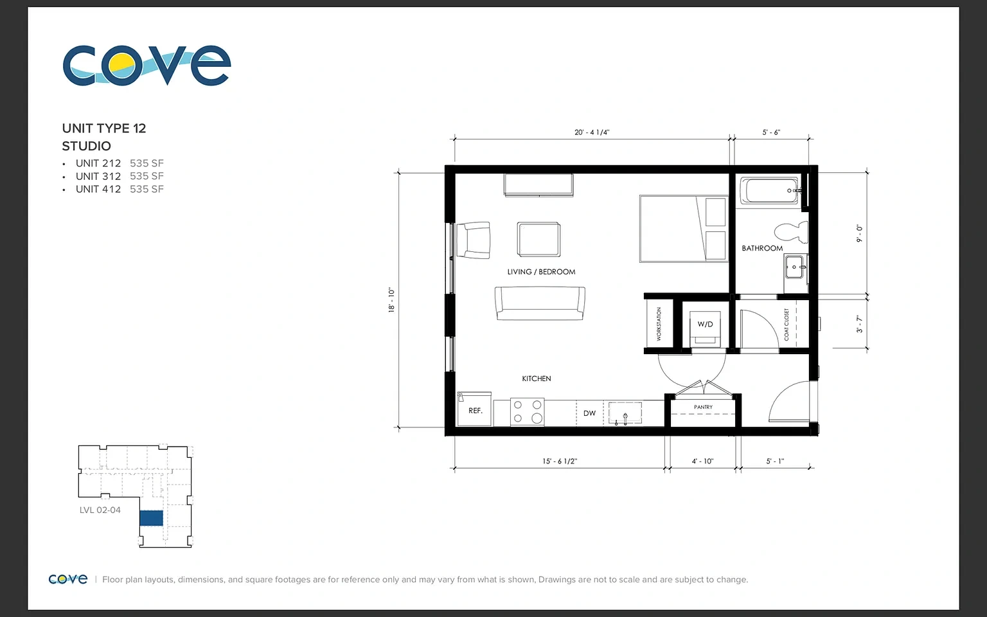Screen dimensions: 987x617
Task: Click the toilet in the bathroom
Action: (792, 232)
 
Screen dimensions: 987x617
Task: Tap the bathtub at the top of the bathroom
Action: (770, 190)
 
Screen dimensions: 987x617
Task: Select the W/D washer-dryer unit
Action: (705, 329)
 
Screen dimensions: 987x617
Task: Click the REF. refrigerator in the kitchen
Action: (474, 409)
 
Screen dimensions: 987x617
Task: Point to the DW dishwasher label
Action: (589, 413)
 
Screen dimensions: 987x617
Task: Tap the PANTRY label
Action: (703, 407)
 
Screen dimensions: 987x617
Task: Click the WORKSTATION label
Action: (659, 324)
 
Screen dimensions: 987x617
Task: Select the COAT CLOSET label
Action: (787, 325)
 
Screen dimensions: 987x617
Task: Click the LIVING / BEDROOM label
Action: (541, 272)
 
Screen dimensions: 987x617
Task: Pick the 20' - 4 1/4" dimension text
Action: (592, 132)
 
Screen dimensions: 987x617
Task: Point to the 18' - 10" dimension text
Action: (391, 300)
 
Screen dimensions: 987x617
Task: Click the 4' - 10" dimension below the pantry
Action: (702, 461)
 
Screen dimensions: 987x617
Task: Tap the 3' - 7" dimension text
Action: (859, 324)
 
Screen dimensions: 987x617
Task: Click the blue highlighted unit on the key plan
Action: (151, 518)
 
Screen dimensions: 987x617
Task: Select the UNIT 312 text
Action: (98, 176)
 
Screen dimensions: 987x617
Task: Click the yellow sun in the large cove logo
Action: (121, 64)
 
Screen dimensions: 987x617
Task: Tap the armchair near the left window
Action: (473, 240)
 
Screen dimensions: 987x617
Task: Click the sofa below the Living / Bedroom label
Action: (540, 303)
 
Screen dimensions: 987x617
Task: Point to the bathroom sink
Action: (796, 267)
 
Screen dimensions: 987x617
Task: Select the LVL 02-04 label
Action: (100, 510)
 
